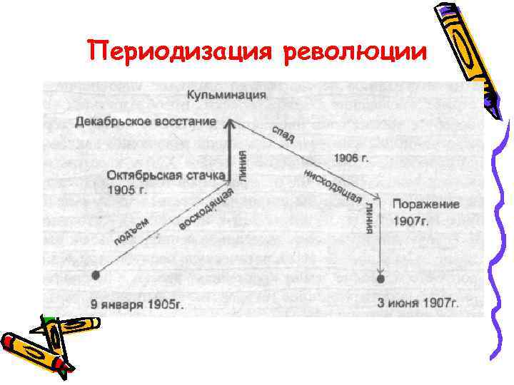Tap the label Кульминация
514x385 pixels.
click(x=227, y=94)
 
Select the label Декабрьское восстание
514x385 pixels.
click(x=146, y=121)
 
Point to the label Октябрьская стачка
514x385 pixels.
click(x=168, y=175)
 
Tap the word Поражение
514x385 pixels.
click(x=425, y=205)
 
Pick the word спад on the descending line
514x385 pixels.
click(x=281, y=135)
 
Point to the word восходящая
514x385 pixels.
click(x=206, y=210)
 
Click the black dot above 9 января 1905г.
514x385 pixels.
click(x=96, y=274)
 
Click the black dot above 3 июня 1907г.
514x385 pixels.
click(x=381, y=277)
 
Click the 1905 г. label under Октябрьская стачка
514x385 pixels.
click(x=127, y=190)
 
